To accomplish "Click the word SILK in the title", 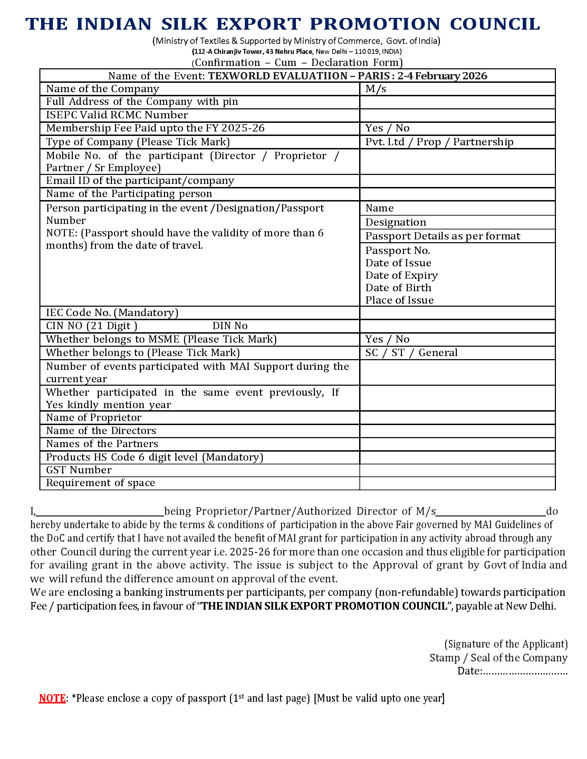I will tap(184, 24).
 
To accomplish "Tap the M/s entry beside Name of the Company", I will tap(376, 89).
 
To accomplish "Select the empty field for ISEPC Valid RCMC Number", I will tap(457, 115).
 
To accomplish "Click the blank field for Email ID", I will tap(457, 181).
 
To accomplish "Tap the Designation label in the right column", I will tap(395, 223).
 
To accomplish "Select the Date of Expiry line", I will tap(401, 276).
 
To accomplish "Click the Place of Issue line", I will tap(399, 300).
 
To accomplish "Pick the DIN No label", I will tap(230, 326).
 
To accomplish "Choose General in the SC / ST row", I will tap(438, 353).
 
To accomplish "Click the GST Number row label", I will tap(79, 470).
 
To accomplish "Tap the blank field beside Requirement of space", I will tap(457, 483).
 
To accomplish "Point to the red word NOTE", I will tap(52, 698).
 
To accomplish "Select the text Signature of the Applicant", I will tap(506, 644).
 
